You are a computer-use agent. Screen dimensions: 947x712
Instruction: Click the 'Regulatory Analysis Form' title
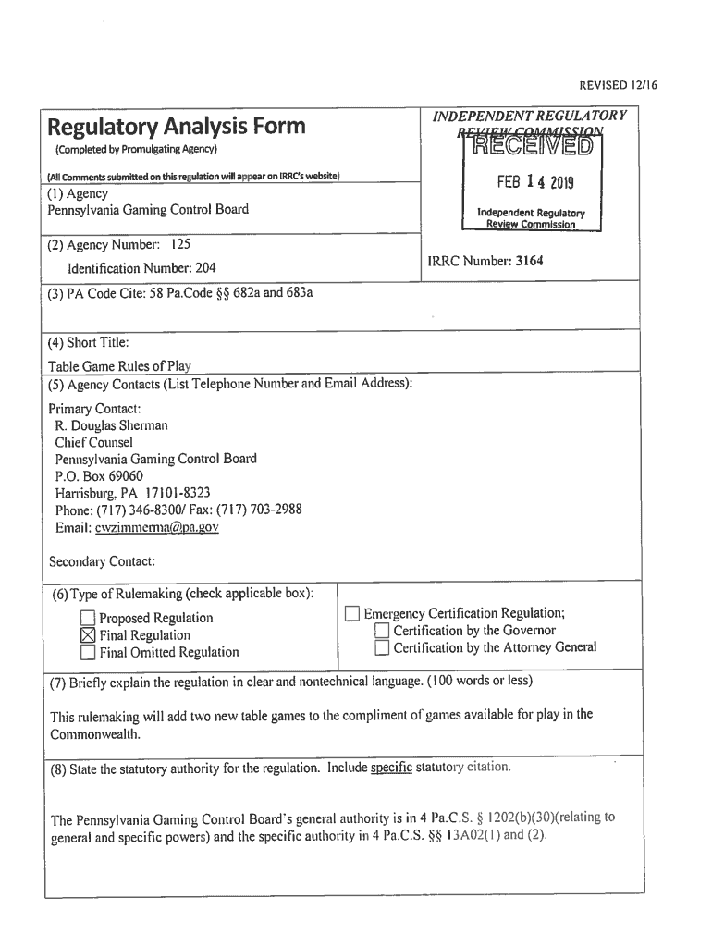click(177, 126)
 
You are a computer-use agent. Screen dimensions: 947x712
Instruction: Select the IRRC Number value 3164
click(529, 261)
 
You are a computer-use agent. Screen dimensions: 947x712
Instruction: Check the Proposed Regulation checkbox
click(88, 619)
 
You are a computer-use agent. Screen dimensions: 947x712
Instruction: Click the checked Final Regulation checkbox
click(88, 635)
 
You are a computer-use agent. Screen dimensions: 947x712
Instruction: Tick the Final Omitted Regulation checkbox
click(88, 653)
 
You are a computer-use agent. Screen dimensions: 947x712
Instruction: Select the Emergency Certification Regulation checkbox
click(351, 614)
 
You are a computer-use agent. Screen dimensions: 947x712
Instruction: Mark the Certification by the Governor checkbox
click(382, 631)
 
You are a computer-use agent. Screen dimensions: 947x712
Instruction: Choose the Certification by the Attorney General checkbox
click(382, 648)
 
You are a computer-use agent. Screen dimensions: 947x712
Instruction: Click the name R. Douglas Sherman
click(112, 425)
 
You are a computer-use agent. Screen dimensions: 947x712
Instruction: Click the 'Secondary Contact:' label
click(102, 561)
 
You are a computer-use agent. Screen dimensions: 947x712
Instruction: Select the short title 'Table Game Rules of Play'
click(119, 365)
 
